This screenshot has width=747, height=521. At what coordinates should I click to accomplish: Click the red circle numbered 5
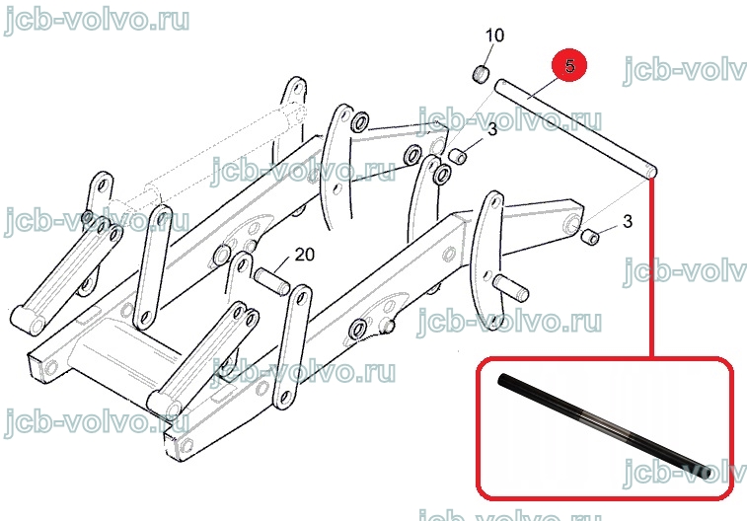coord(569,65)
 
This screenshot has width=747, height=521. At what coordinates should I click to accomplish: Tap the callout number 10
coord(494,36)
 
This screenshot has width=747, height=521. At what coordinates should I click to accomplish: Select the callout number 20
coord(304,255)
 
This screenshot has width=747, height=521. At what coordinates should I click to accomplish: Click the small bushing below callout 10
coord(483,75)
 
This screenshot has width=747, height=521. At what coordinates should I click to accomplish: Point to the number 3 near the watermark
coord(492,129)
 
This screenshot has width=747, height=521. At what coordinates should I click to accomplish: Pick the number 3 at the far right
coord(628,221)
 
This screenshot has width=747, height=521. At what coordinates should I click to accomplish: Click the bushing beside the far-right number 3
coord(590,236)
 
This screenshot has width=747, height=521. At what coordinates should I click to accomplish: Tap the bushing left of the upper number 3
coord(457,155)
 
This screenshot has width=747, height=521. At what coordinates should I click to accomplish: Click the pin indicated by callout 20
coord(272,281)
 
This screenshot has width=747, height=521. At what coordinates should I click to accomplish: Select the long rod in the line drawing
coord(576,128)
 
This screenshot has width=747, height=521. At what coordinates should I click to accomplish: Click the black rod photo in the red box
coord(605,425)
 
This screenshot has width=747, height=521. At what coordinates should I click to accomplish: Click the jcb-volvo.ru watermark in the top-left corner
coord(97,20)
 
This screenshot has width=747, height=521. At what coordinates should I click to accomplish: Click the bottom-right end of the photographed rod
coord(708,474)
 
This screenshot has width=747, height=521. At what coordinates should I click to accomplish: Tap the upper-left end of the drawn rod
coord(500,85)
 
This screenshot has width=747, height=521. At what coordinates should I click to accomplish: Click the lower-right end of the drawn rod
coord(651,173)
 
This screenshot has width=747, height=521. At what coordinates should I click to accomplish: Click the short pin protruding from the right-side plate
coord(512,288)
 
